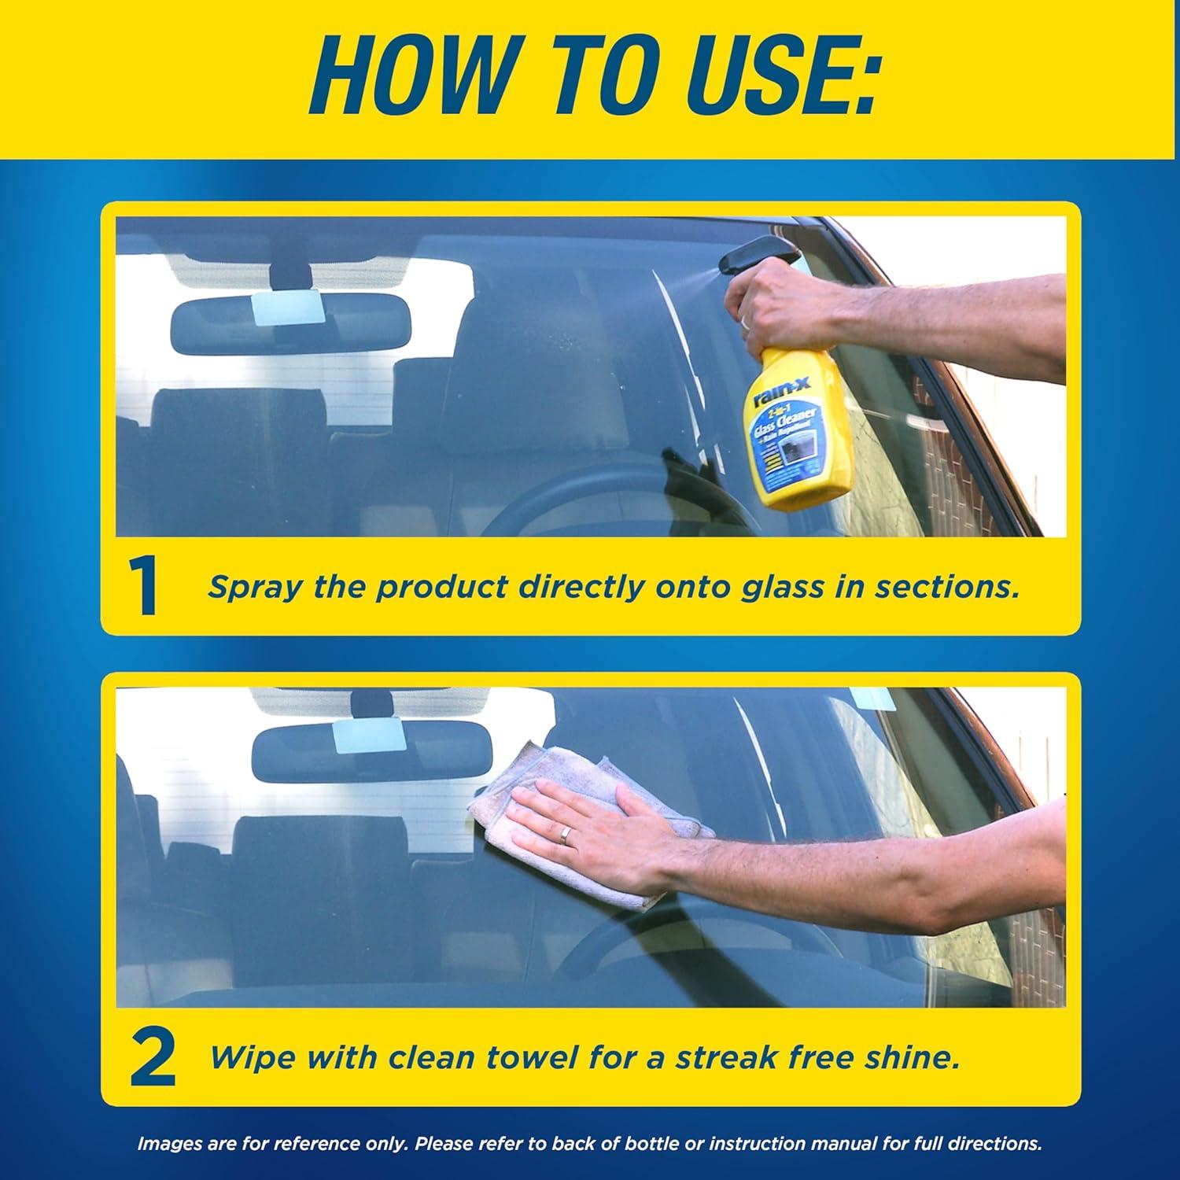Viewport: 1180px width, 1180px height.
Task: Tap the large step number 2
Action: [x=152, y=1059]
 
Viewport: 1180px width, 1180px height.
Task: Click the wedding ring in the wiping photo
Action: [x=566, y=835]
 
